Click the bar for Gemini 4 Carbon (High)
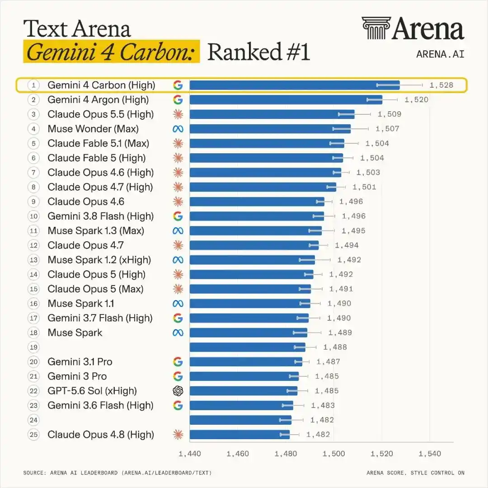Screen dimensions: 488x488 click(295, 85)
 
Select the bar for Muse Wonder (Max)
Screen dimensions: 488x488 click(270, 128)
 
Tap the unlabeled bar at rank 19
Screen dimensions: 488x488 click(248, 347)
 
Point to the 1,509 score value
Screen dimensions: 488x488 click(389, 114)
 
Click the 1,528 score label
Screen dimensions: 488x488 click(441, 85)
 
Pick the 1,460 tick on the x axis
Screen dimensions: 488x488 click(238, 454)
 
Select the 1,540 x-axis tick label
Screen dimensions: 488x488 click(430, 454)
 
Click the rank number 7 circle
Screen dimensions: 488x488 click(33, 173)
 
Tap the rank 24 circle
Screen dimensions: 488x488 click(33, 420)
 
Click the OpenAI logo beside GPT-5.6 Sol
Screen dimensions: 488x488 click(178, 391)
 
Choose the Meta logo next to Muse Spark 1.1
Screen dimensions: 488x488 click(178, 304)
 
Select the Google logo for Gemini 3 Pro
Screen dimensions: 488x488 click(178, 376)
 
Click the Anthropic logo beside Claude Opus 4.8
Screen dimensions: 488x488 click(178, 435)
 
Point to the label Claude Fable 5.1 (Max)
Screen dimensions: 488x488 click(99, 144)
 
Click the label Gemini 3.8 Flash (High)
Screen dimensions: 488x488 click(100, 216)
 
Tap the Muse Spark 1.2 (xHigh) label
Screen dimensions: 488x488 click(99, 260)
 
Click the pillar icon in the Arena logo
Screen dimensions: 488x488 click(376, 28)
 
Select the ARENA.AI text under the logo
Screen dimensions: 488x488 click(441, 54)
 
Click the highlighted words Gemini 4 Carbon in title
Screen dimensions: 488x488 click(111, 52)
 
